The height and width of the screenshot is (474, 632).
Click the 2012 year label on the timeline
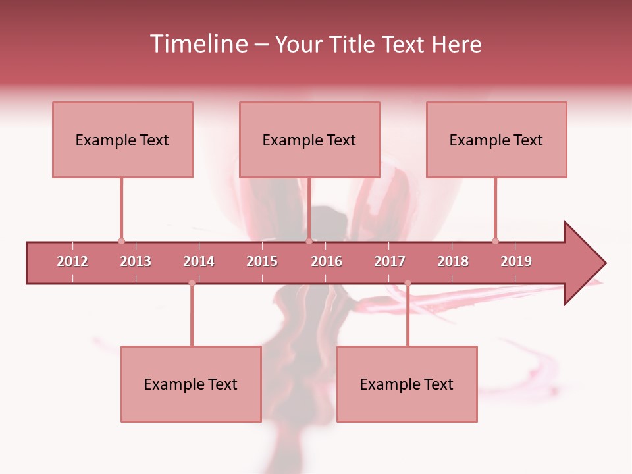tap(72, 261)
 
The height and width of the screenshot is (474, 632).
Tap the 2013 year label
tap(136, 261)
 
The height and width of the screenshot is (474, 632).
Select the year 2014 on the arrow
tap(199, 261)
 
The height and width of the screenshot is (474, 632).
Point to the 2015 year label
tap(262, 261)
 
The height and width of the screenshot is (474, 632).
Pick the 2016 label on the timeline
tap(327, 261)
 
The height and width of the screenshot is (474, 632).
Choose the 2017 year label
tap(390, 261)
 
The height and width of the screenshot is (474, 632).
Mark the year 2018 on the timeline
tap(453, 261)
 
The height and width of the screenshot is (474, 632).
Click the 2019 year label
tap(516, 261)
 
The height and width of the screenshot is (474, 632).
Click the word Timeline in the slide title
tap(197, 44)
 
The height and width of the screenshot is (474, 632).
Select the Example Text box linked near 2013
tap(122, 140)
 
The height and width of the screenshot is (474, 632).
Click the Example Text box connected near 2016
tap(309, 140)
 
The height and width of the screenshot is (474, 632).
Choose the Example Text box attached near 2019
tap(496, 140)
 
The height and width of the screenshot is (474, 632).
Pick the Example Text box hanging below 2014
tap(191, 384)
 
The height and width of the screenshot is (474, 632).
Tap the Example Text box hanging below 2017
tap(407, 384)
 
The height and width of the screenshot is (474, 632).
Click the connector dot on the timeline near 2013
tap(121, 241)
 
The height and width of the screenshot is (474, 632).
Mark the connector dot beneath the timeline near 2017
tap(408, 284)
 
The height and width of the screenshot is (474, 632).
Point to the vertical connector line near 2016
tap(309, 207)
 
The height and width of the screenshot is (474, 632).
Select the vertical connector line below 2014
tap(192, 316)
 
